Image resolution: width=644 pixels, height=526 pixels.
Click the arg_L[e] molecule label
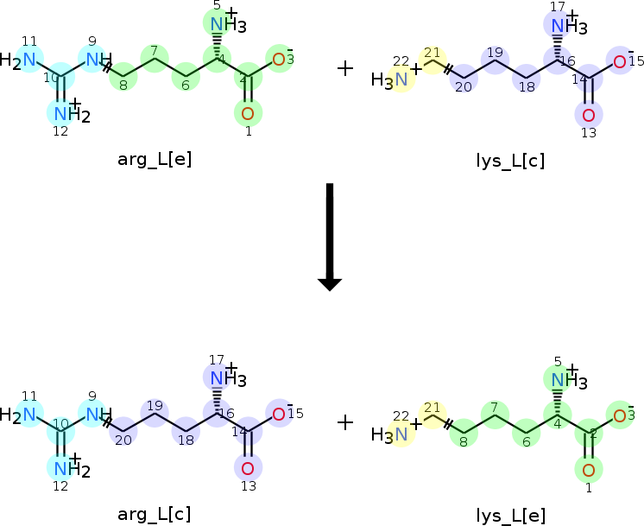click(x=155, y=159)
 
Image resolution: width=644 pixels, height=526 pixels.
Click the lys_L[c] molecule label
click(x=510, y=161)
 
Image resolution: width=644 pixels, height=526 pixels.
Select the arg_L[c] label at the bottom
click(x=155, y=514)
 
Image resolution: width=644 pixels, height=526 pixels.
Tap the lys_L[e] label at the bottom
click(x=511, y=516)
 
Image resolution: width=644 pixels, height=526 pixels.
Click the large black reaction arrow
click(x=330, y=238)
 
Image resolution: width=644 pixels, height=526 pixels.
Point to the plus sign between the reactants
click(x=345, y=68)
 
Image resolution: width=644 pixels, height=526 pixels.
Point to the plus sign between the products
click(x=345, y=422)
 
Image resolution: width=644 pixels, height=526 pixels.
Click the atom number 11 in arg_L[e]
click(x=29, y=41)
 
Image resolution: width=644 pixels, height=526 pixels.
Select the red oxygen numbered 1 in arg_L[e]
click(x=248, y=113)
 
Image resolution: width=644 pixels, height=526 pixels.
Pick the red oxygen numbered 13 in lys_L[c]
click(x=589, y=115)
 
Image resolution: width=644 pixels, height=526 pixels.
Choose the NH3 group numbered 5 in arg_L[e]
click(x=229, y=24)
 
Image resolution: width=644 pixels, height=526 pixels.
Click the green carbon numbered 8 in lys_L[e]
click(x=464, y=433)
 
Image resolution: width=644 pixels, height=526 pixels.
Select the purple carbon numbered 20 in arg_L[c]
click(x=123, y=432)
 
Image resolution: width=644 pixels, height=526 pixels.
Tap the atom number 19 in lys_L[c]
click(x=495, y=52)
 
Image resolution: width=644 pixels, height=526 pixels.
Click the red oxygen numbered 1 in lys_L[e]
click(x=589, y=470)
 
